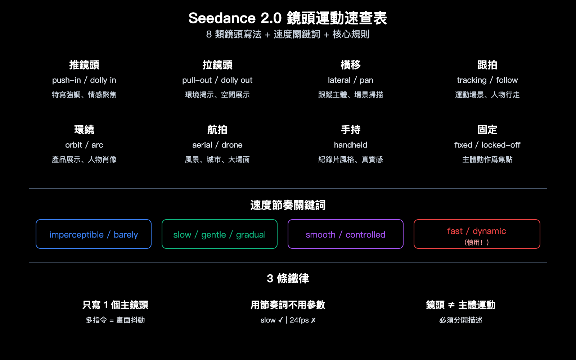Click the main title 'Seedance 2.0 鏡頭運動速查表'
pos(288,18)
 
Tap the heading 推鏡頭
pos(84,65)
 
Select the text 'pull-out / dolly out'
pos(217,80)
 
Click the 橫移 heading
pos(350,65)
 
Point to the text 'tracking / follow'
pos(487,80)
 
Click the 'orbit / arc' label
pos(84,145)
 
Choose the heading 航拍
pos(217,130)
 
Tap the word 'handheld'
pos(350,145)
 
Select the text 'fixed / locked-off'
pos(487,145)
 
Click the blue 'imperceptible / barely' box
pos(94,234)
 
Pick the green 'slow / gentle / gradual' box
pos(220,234)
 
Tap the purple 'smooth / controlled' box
pos(346,234)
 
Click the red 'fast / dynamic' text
pos(477,231)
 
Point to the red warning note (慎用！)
pos(477,242)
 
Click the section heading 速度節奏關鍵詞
pos(288,205)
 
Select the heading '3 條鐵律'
pos(288,278)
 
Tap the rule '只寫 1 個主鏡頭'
pos(115,305)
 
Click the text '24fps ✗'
pos(303,320)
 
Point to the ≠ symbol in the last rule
pos(451,305)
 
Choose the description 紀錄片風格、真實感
pos(350,159)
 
